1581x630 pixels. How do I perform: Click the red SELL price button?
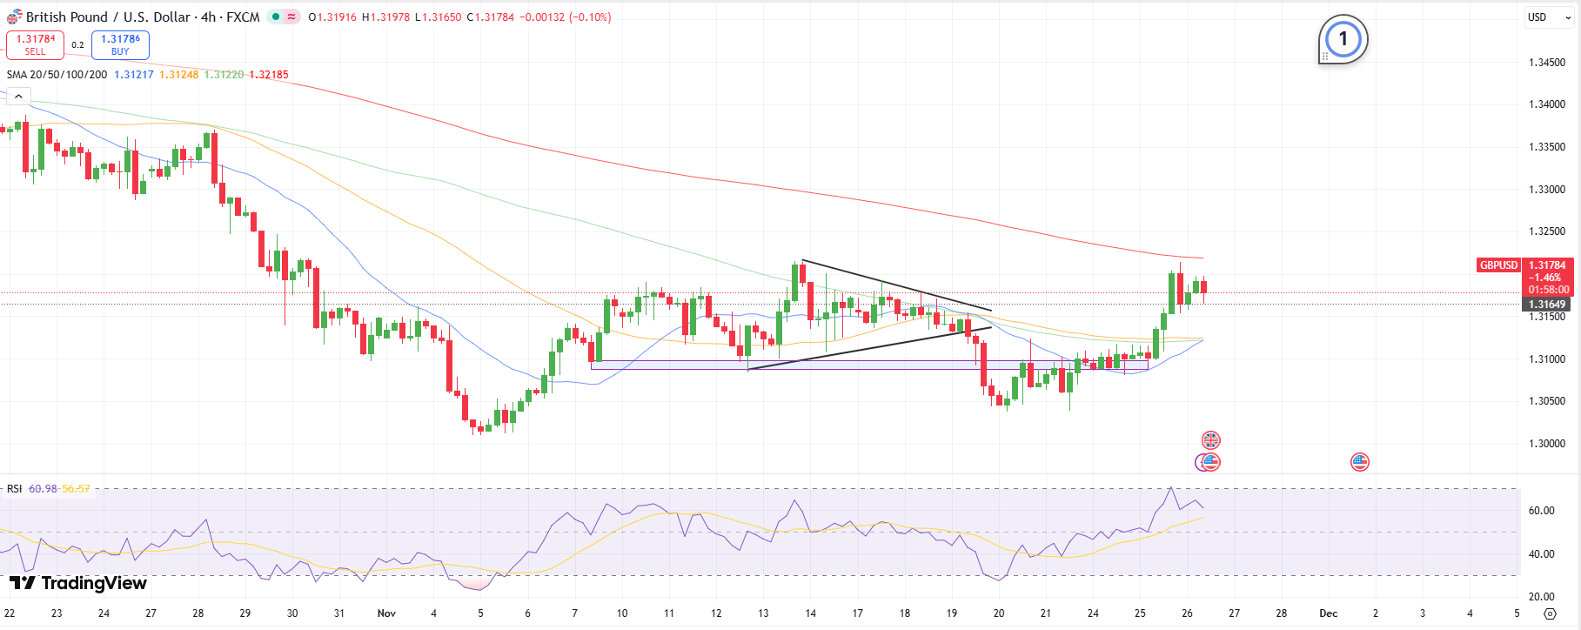[x=35, y=45]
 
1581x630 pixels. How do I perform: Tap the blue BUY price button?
[x=120, y=45]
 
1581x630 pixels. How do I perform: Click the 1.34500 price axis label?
[x=1547, y=63]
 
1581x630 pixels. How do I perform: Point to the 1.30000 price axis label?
[x=1547, y=444]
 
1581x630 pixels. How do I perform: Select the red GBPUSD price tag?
[x=1498, y=265]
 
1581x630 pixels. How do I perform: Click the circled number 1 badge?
[x=1343, y=39]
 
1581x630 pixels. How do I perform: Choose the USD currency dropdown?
[x=1549, y=17]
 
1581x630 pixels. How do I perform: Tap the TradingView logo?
[x=78, y=583]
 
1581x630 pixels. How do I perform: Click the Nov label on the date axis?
[x=386, y=613]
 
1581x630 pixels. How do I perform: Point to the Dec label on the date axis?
[x=1328, y=613]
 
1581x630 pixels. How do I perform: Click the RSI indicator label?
[x=15, y=489]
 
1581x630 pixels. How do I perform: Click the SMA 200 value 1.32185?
[x=269, y=75]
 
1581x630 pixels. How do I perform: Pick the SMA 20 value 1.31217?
[x=134, y=75]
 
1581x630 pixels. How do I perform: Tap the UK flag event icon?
[x=1210, y=440]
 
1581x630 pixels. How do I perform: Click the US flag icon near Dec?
[x=1359, y=462]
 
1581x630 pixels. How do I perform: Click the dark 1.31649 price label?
[x=1547, y=305]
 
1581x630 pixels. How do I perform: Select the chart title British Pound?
[x=66, y=17]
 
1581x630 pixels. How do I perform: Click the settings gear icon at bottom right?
[x=1549, y=613]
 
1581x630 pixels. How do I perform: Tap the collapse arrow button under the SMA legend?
[x=17, y=97]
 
